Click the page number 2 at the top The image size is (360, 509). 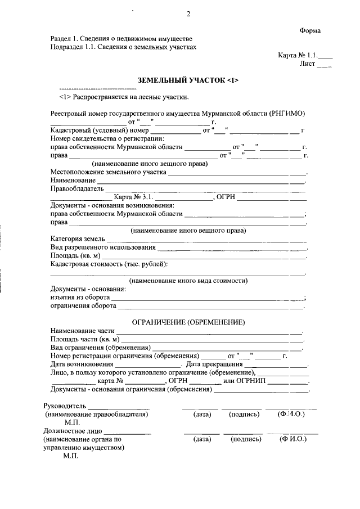pyautogui.click(x=188, y=13)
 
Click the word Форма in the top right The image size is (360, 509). pyautogui.click(x=310, y=30)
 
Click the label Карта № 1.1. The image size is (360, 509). pyautogui.click(x=298, y=56)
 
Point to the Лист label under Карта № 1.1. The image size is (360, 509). pyautogui.click(x=307, y=64)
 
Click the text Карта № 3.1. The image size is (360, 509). pyautogui.click(x=133, y=197)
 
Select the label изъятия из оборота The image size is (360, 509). pyautogui.click(x=79, y=298)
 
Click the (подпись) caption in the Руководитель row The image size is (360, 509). pyautogui.click(x=244, y=415)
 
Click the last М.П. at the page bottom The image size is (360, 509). pyautogui.click(x=71, y=457)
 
